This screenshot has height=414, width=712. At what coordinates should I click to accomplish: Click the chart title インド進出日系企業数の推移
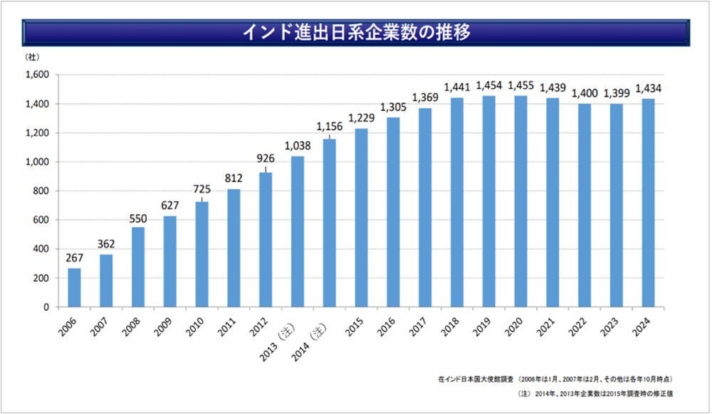click(x=356, y=33)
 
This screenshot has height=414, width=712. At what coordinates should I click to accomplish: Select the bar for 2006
click(x=74, y=287)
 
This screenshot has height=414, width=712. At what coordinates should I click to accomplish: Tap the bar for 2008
click(x=138, y=267)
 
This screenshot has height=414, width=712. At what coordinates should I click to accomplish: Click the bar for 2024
click(x=648, y=203)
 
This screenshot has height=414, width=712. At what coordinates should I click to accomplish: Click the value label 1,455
click(x=520, y=85)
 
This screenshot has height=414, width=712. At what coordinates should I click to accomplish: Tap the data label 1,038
click(x=297, y=146)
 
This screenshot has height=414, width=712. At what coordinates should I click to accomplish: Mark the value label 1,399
click(x=616, y=93)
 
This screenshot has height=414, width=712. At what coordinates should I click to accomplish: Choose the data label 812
click(x=234, y=179)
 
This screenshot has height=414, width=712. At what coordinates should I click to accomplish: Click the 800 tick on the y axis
click(x=40, y=191)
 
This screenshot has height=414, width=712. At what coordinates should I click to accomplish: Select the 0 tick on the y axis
click(x=45, y=307)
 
